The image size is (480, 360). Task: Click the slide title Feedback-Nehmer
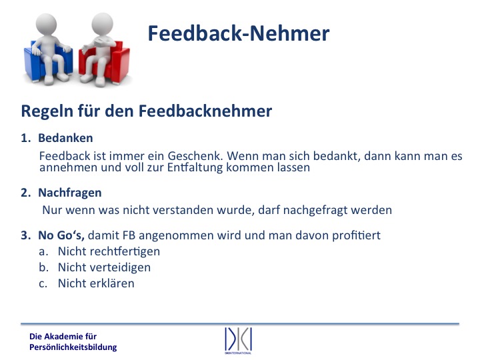[x=239, y=33]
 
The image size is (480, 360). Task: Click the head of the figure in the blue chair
[x=46, y=24]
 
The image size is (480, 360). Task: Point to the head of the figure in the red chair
[x=102, y=23]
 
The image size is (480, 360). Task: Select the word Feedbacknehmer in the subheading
[x=205, y=111]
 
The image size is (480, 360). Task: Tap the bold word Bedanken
[x=65, y=138]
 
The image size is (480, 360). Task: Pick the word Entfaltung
[x=195, y=167]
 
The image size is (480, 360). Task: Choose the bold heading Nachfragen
[x=70, y=193]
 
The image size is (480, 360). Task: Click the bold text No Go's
[x=61, y=235]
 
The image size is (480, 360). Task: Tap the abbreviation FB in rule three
[x=129, y=235]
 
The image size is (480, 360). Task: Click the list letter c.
[x=43, y=284]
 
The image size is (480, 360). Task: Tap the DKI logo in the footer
[x=238, y=341]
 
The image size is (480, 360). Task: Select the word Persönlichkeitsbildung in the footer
[x=73, y=347]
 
